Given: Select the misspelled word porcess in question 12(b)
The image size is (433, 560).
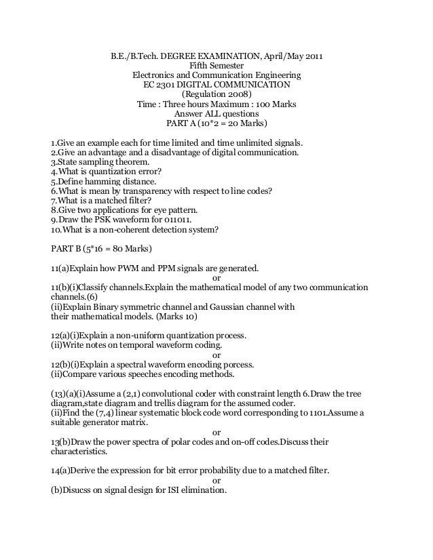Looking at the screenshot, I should point(213,364).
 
